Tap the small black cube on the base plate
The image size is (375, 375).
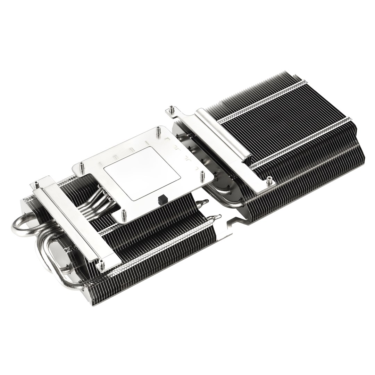click(x=161, y=200)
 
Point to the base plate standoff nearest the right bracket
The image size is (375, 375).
click(x=202, y=175)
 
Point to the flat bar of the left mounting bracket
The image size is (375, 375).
click(x=75, y=224)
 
